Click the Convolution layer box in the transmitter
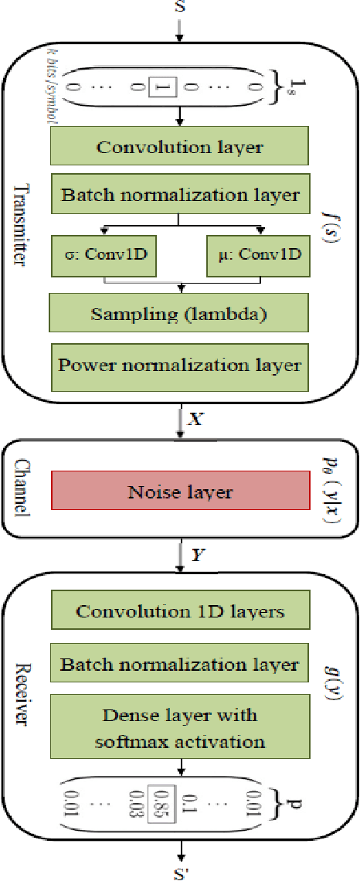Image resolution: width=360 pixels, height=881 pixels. pyautogui.click(x=179, y=147)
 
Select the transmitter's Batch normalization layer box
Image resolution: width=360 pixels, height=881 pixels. pyautogui.click(x=179, y=196)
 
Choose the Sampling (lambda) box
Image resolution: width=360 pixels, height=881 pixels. pyautogui.click(x=179, y=315)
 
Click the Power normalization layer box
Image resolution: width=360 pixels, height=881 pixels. pyautogui.click(x=179, y=364)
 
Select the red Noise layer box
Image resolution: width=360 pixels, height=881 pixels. pyautogui.click(x=179, y=492)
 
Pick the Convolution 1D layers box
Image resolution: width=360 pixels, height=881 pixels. pyautogui.click(x=179, y=611)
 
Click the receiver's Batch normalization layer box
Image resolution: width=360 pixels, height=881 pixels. pyautogui.click(x=179, y=665)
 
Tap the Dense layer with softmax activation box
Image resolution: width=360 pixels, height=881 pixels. pyautogui.click(x=179, y=730)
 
